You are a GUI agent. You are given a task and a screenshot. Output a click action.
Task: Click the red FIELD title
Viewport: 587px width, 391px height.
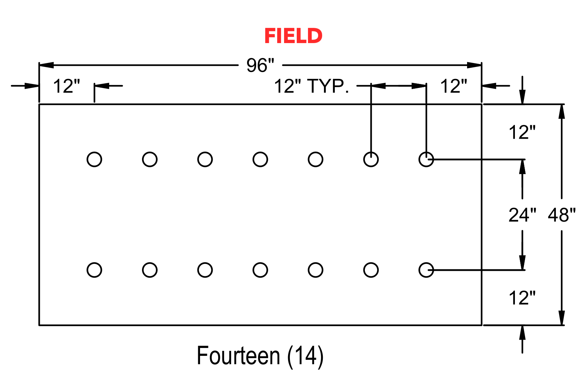point(293,36)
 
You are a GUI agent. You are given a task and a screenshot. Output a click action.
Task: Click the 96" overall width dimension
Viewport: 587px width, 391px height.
point(260,65)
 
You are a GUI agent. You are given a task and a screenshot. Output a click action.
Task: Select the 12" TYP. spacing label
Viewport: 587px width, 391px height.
point(312,86)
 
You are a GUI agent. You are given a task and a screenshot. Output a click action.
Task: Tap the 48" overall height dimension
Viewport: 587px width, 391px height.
point(562,215)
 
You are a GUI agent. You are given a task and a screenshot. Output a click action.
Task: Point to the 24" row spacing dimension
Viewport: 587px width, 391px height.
point(522,215)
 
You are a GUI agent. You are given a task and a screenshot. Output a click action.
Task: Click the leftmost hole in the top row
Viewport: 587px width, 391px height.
point(94,160)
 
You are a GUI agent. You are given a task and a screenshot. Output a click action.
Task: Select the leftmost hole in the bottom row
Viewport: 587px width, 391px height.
point(94,270)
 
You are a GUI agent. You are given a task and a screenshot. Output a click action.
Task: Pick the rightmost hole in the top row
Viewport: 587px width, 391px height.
point(426,160)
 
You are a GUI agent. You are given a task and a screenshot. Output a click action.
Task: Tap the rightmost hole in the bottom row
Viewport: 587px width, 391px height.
point(426,270)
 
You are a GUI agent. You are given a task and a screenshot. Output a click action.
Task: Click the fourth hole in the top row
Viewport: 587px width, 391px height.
point(260,160)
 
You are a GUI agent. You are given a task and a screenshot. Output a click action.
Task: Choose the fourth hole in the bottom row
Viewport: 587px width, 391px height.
point(260,270)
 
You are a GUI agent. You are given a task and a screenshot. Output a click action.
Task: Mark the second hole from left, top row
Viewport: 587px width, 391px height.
point(150,160)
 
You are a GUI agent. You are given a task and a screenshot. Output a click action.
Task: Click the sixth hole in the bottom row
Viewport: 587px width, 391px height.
point(371,270)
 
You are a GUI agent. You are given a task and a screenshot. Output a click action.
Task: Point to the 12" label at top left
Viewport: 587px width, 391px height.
point(66,86)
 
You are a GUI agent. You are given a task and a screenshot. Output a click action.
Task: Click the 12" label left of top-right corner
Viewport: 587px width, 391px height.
point(454,86)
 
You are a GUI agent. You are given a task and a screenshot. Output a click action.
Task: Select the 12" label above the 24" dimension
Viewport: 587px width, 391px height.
point(522,132)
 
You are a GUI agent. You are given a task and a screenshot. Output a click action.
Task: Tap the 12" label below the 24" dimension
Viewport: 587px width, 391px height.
point(522,298)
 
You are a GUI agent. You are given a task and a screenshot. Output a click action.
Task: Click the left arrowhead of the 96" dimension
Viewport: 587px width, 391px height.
point(46,65)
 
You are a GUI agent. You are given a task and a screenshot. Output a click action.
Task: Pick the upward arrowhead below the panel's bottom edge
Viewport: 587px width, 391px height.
point(522,333)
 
